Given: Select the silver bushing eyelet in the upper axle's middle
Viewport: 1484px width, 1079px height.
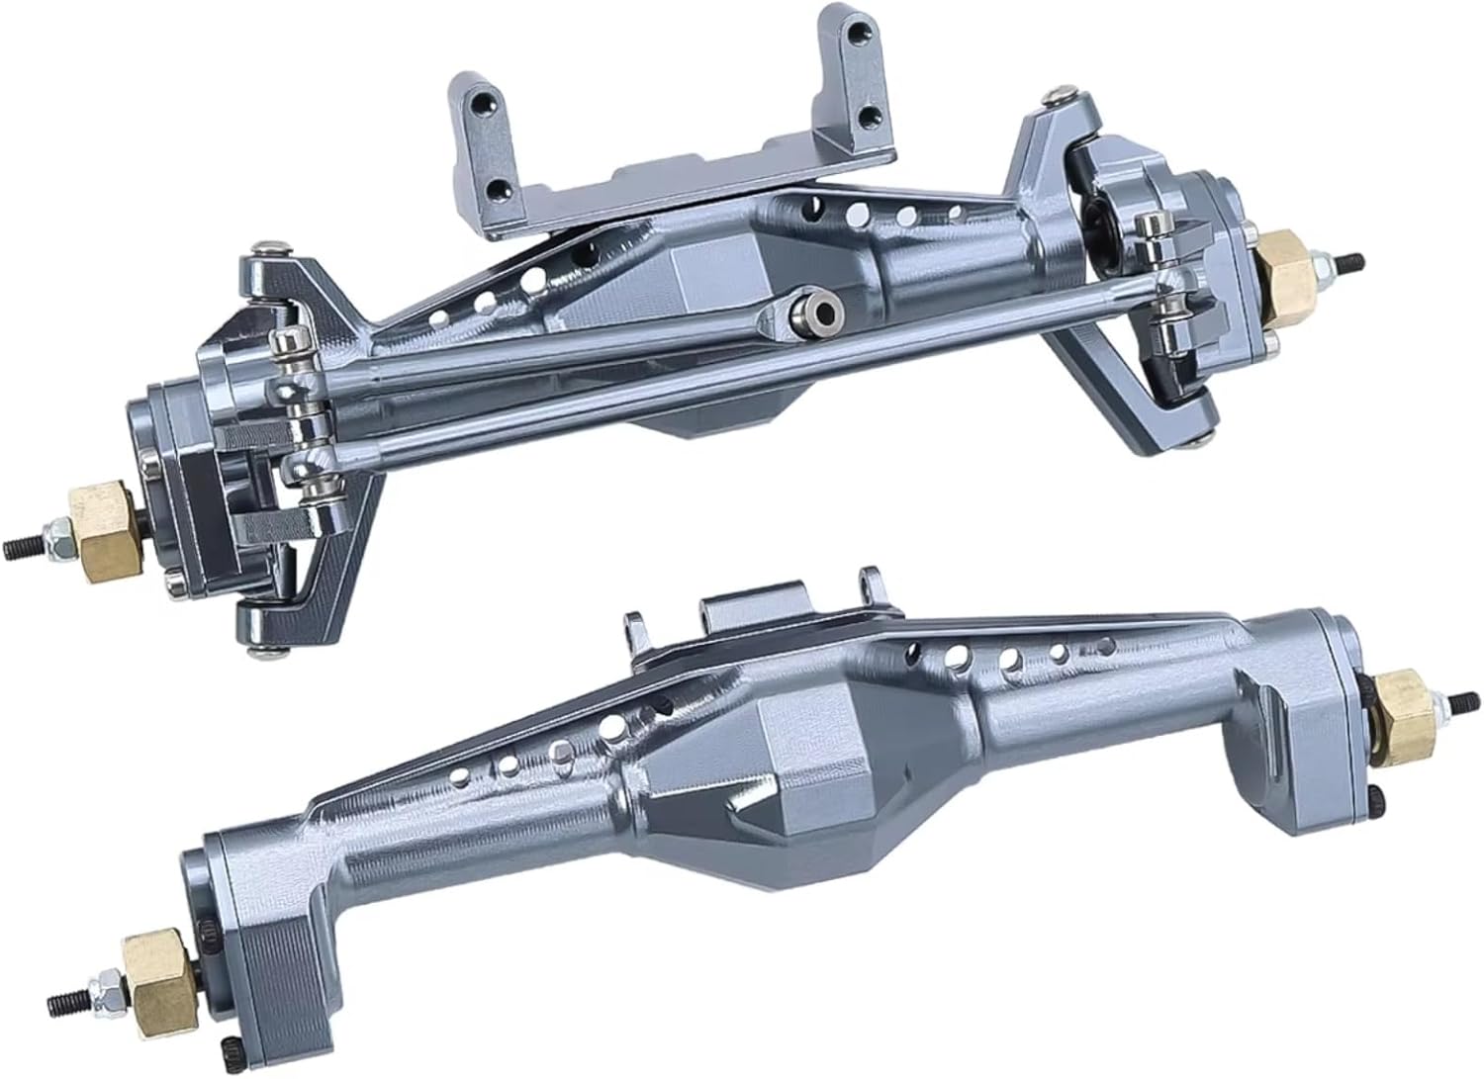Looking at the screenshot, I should pyautogui.click(x=820, y=310).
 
